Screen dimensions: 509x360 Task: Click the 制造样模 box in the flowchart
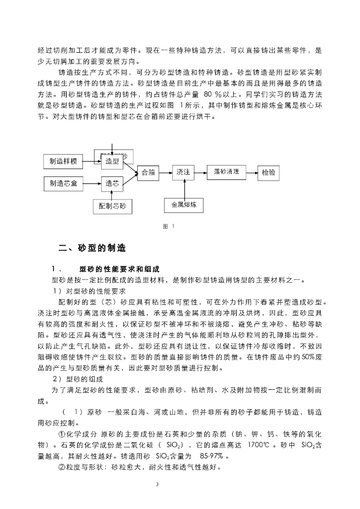click(x=63, y=162)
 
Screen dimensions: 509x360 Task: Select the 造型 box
click(x=112, y=162)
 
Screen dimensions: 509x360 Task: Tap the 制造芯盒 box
click(x=63, y=183)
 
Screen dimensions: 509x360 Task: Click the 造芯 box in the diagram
click(x=112, y=183)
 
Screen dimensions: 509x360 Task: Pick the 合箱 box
click(x=148, y=172)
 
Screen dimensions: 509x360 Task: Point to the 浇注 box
click(x=183, y=172)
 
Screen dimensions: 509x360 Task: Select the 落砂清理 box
click(x=226, y=172)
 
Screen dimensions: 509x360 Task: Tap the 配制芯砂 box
click(x=112, y=205)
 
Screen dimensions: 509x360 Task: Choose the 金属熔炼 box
click(x=184, y=204)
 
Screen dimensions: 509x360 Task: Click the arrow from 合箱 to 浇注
click(x=166, y=172)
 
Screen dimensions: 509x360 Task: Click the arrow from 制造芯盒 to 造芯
click(x=92, y=183)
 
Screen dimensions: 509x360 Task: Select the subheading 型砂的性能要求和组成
click(x=119, y=269)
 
